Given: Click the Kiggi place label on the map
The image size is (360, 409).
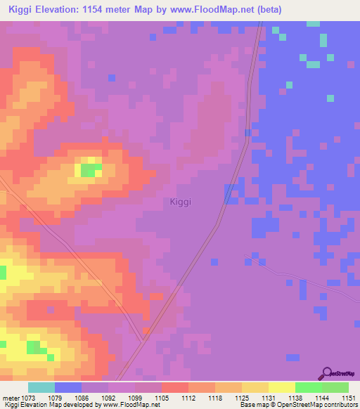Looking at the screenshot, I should point(181,202).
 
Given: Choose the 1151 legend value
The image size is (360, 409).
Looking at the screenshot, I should point(349,398).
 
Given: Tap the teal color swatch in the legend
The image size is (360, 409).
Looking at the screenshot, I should point(41,387).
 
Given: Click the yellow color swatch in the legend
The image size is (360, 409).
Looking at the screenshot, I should point(281,387).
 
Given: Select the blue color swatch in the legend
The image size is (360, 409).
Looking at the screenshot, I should point(67,387).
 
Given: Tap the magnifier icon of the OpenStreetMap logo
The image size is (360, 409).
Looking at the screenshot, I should point(326,372).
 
